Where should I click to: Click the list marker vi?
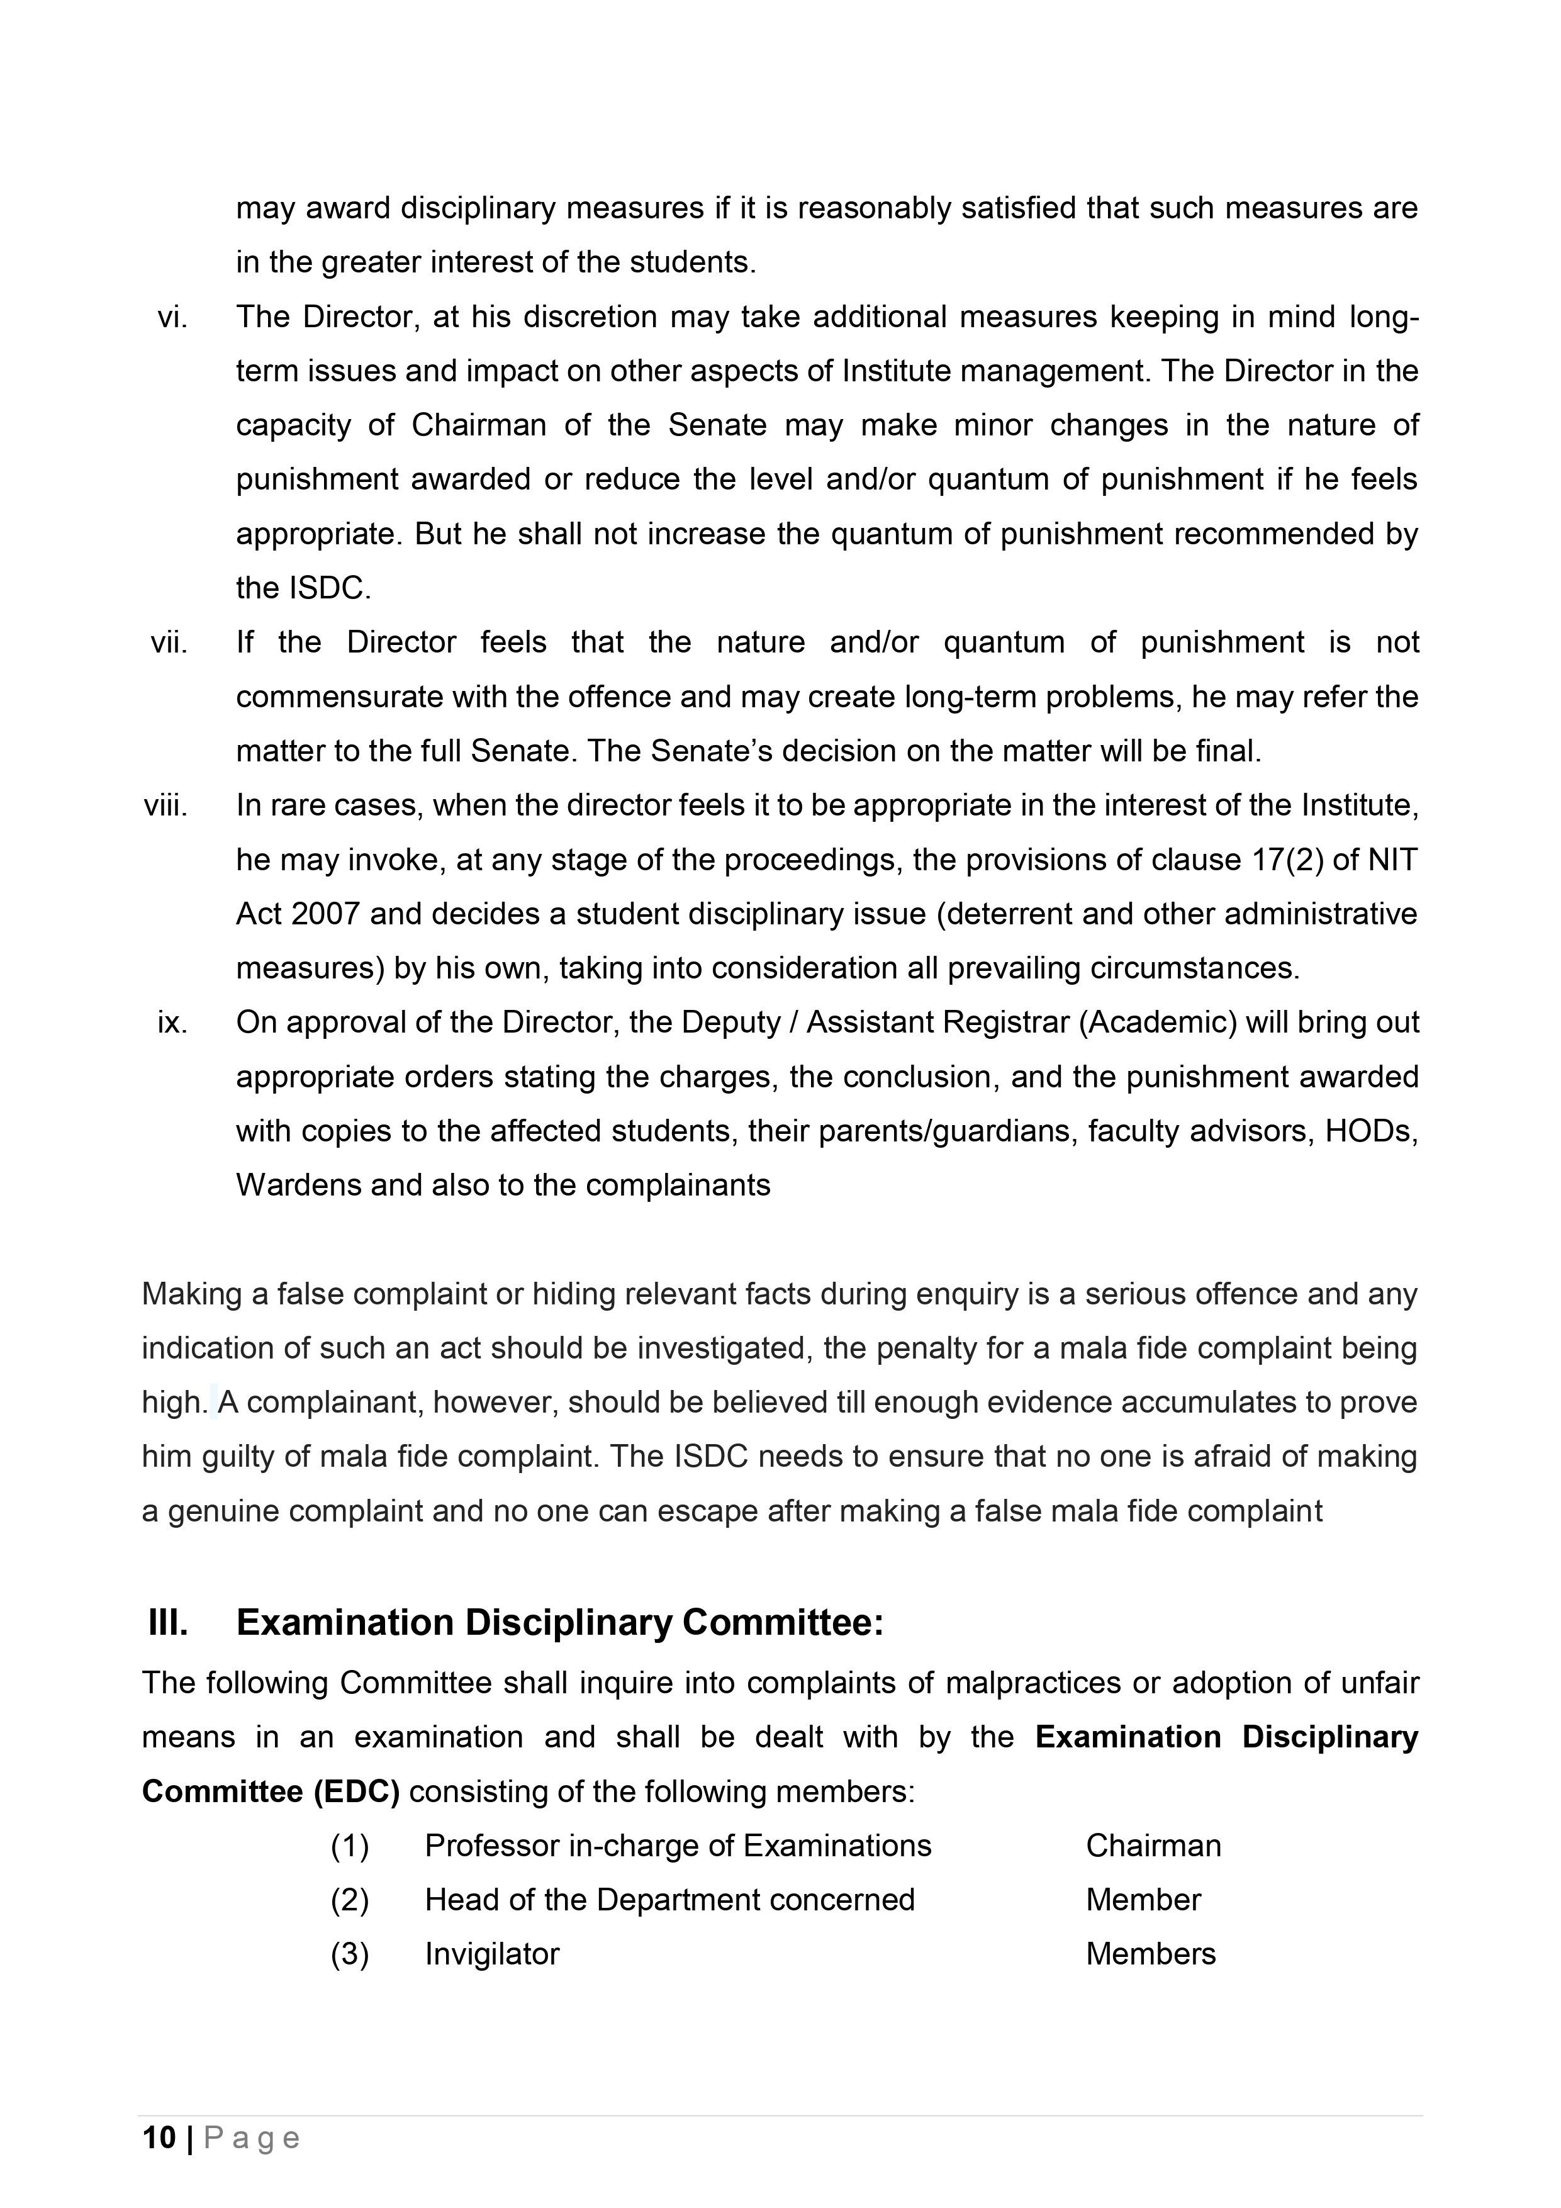click(x=172, y=317)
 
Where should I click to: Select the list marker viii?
click(x=165, y=805)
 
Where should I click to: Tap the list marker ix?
click(x=172, y=1023)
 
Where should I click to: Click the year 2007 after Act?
click(x=325, y=914)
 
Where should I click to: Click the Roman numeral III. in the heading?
click(x=169, y=1623)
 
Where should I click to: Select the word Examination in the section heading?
click(x=345, y=1623)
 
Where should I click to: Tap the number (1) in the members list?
click(x=350, y=1846)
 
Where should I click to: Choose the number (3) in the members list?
click(x=350, y=1954)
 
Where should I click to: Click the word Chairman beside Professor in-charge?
click(x=1153, y=1846)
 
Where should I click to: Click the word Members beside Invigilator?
click(x=1150, y=1954)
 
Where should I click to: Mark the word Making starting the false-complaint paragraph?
click(x=193, y=1294)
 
